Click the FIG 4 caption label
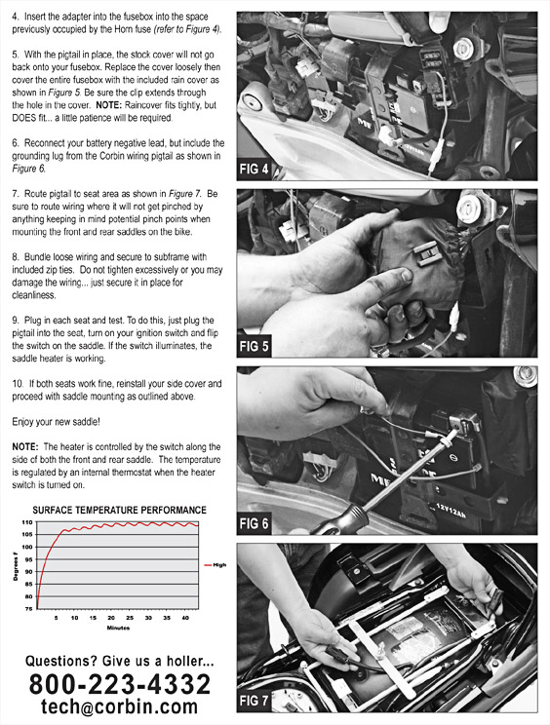point(254,169)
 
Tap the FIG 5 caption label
point(254,346)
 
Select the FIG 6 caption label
point(254,523)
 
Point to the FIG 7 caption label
point(254,701)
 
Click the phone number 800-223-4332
point(120,684)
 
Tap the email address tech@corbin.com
point(119,706)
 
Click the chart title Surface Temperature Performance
point(119,510)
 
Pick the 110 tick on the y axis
point(27,522)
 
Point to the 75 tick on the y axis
point(28,609)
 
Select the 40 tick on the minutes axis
point(185,618)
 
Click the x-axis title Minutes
point(118,628)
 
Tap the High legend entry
point(216,565)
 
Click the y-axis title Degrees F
point(16,566)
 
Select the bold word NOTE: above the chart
point(25,446)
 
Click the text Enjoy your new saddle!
point(56,422)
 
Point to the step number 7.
point(16,194)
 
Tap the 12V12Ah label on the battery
point(451,510)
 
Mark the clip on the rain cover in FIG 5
point(428,253)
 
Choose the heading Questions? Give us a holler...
point(119,662)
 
